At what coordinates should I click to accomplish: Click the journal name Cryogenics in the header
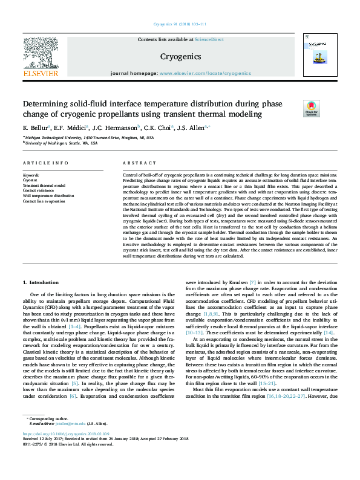tap(180, 56)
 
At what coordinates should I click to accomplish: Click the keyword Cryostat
tap(30, 180)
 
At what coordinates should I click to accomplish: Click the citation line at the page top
tap(180, 25)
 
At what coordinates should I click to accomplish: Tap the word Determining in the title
tap(48, 103)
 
